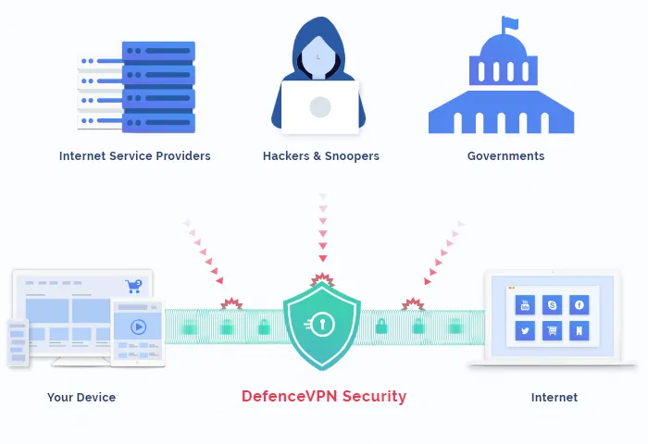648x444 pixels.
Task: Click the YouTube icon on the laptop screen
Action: tap(526, 304)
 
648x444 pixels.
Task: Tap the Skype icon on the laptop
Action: tap(553, 304)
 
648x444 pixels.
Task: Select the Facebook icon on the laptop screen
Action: tap(579, 304)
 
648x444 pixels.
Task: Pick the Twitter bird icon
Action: tap(526, 330)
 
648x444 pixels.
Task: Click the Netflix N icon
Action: tap(579, 330)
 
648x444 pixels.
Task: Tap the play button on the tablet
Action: tap(138, 327)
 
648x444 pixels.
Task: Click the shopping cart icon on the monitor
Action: tap(135, 286)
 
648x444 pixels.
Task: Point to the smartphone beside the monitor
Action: tap(18, 342)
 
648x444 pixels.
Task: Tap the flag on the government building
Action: tap(509, 23)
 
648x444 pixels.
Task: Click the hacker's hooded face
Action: tap(319, 57)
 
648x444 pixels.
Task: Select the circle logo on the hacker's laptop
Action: tap(320, 106)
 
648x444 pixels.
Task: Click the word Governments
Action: tap(505, 156)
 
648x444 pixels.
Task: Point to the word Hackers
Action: tap(287, 156)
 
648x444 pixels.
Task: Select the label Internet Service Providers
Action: tap(135, 156)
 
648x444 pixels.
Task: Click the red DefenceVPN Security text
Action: tap(323, 397)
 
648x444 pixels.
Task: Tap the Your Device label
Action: tap(81, 398)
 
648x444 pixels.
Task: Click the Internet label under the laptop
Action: tap(554, 398)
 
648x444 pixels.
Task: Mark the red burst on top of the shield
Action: tap(321, 278)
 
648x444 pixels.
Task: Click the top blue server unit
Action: tap(158, 52)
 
